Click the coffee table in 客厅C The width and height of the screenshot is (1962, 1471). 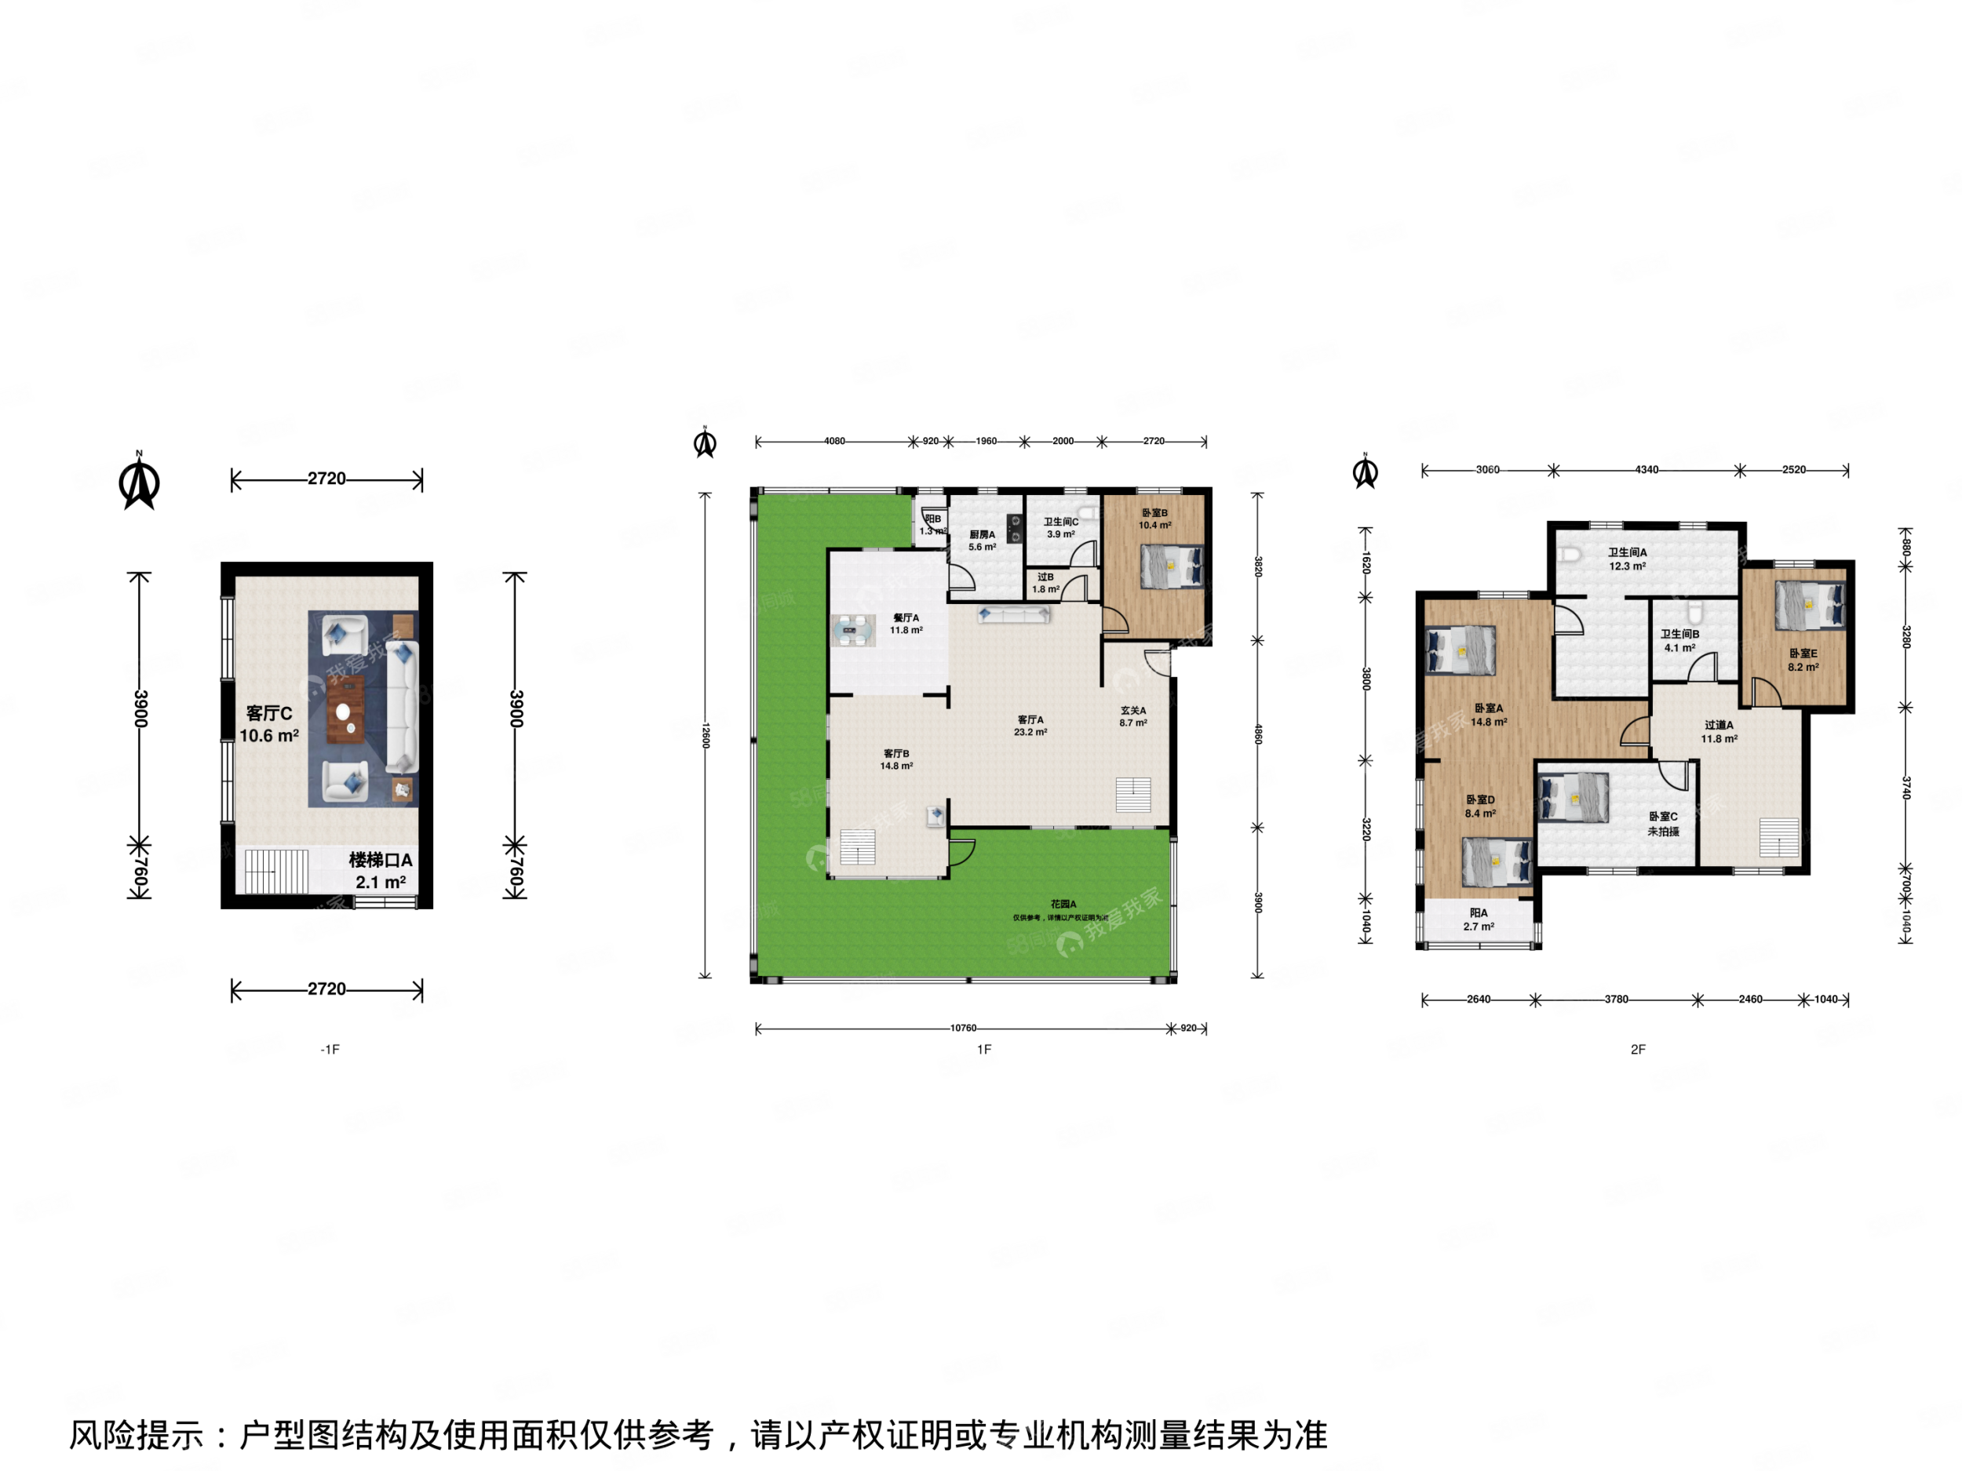point(345,708)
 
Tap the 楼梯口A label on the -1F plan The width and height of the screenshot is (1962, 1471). point(380,860)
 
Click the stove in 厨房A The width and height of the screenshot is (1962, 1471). point(1016,529)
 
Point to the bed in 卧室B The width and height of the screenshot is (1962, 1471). point(1171,566)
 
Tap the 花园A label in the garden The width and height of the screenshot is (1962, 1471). point(1063,904)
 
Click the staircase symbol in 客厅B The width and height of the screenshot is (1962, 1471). point(858,847)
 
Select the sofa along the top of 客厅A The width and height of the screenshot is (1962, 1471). point(1014,614)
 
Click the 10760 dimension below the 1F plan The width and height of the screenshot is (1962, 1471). point(962,1028)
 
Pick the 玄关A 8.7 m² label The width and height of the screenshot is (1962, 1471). point(1132,716)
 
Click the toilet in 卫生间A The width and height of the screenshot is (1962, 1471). point(1570,555)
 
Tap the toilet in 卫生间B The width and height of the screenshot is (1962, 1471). point(1695,613)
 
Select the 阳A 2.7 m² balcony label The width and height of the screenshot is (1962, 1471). point(1479,919)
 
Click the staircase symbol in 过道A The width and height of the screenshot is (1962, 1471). point(1779,838)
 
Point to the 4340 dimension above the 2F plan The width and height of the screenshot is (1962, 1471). point(1647,469)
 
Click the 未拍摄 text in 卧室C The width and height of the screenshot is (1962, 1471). point(1663,831)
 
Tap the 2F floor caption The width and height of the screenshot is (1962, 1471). point(1637,1049)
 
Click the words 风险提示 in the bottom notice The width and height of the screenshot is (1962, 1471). point(137,1435)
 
